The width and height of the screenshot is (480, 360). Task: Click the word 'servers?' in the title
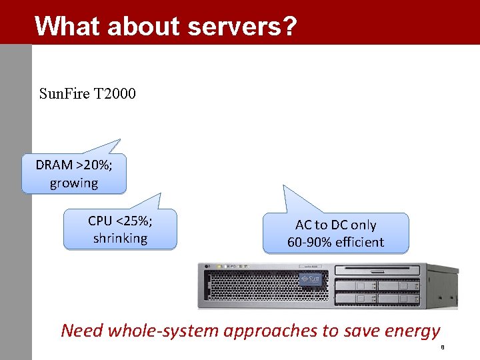click(x=242, y=26)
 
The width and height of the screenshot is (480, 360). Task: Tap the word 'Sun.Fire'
click(x=65, y=93)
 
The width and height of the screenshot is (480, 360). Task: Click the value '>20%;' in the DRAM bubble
click(x=94, y=165)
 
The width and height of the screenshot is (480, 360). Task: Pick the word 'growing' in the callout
click(x=73, y=183)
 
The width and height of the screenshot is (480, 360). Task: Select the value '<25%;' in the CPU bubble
click(x=133, y=221)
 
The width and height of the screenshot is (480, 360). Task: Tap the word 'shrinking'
click(x=120, y=238)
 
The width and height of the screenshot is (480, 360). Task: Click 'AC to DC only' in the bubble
click(x=335, y=225)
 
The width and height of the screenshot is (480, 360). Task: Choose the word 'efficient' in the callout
click(x=360, y=242)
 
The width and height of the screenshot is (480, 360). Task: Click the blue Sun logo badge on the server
click(x=311, y=279)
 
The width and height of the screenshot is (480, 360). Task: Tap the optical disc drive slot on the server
click(x=377, y=271)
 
